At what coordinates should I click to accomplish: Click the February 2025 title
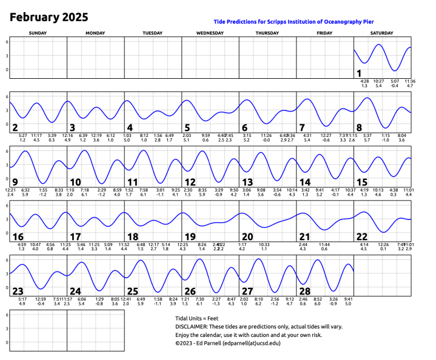[49, 17]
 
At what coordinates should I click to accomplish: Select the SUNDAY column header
[38, 32]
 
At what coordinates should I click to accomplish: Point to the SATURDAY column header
[382, 32]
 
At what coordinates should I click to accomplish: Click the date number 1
[359, 73]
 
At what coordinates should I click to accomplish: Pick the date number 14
[305, 182]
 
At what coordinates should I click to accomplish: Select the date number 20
[247, 236]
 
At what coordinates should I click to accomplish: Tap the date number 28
[304, 291]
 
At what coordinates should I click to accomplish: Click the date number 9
[15, 182]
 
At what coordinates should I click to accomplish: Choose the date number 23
[18, 291]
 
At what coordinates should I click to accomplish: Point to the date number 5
[187, 127]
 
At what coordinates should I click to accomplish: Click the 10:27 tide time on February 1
[379, 81]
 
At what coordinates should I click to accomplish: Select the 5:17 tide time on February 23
[22, 299]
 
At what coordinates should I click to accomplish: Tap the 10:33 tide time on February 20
[264, 244]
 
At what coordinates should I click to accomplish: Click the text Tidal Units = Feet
[197, 318]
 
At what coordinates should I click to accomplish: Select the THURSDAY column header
[267, 32]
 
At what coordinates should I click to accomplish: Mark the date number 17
[75, 236]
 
